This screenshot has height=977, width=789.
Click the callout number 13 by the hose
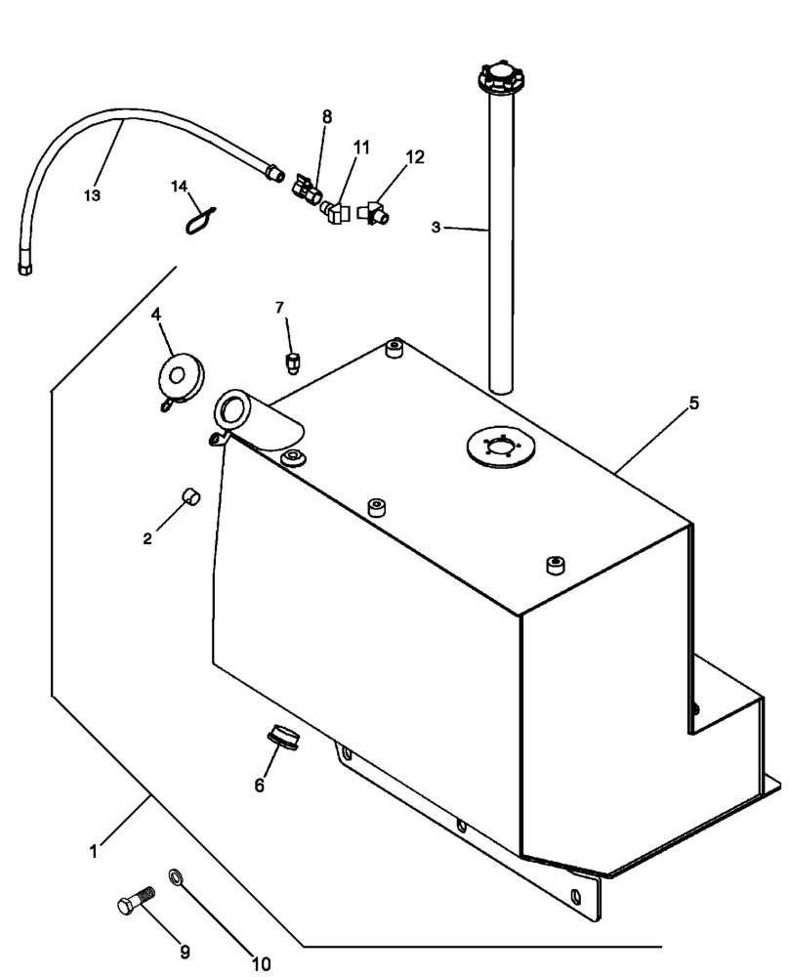click(x=92, y=195)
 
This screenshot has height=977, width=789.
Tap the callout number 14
click(x=179, y=186)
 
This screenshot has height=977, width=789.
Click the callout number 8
click(x=327, y=116)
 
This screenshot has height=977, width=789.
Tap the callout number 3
click(x=436, y=227)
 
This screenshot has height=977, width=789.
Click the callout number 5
click(x=693, y=402)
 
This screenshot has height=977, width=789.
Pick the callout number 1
click(x=94, y=851)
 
